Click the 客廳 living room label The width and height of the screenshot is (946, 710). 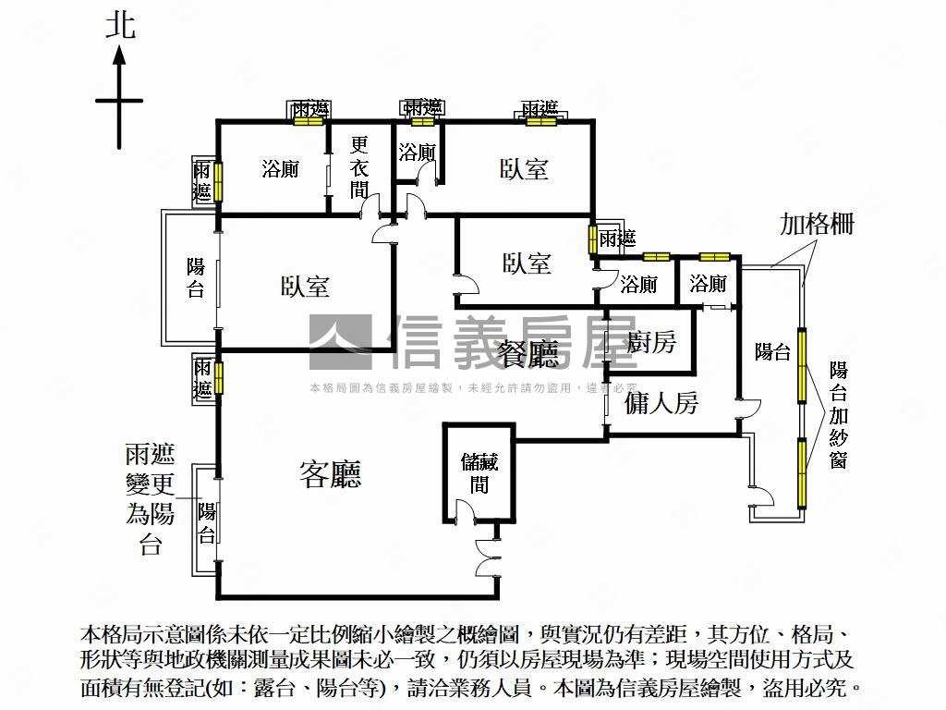pyautogui.click(x=330, y=474)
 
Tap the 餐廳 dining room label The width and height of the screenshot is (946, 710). pyautogui.click(x=528, y=354)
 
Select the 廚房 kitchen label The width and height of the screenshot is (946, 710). pyautogui.click(x=651, y=343)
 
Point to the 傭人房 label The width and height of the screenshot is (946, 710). pyautogui.click(x=661, y=403)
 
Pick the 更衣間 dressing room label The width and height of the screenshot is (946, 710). pyautogui.click(x=360, y=168)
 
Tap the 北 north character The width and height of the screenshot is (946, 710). pyautogui.click(x=120, y=25)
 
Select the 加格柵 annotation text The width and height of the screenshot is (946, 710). pyautogui.click(x=817, y=225)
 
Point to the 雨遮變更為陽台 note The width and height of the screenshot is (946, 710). pyautogui.click(x=151, y=499)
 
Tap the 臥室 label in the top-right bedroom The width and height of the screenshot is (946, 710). pyautogui.click(x=524, y=169)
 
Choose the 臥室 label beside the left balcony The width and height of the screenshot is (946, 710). pyautogui.click(x=305, y=287)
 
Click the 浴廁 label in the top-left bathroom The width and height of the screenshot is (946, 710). pyautogui.click(x=279, y=169)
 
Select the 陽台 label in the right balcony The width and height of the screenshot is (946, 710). pyautogui.click(x=772, y=351)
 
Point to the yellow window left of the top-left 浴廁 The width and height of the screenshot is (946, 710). pyautogui.click(x=218, y=180)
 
